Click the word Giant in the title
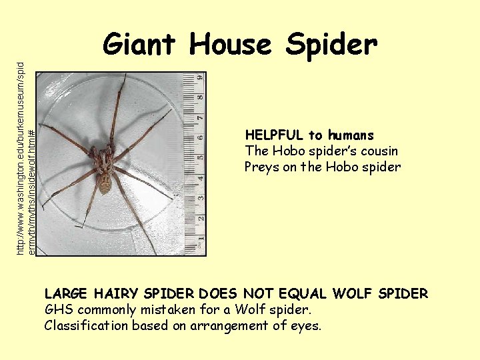click(140, 45)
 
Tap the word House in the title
click(231, 45)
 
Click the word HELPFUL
click(274, 135)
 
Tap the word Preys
click(262, 167)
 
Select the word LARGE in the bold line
click(67, 294)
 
